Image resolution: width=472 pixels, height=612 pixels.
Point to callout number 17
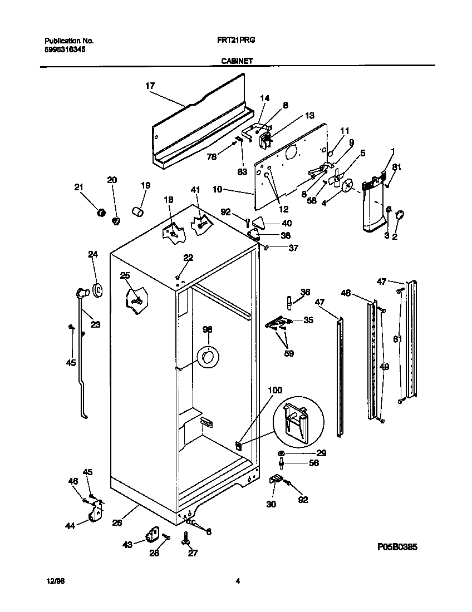coord(150,86)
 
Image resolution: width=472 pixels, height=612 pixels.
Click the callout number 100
coord(276,390)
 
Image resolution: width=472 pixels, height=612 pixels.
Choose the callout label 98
coord(207,329)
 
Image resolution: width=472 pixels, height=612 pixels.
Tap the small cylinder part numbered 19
coord(137,212)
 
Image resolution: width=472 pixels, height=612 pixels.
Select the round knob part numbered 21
coord(101,213)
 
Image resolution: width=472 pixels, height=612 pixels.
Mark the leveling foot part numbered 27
coord(184,539)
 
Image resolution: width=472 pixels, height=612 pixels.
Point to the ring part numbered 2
coord(400,214)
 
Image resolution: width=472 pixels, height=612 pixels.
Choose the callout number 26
coord(117,522)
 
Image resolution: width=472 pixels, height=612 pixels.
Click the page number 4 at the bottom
coord(238,581)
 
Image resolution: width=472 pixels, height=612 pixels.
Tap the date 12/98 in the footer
coord(52,581)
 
